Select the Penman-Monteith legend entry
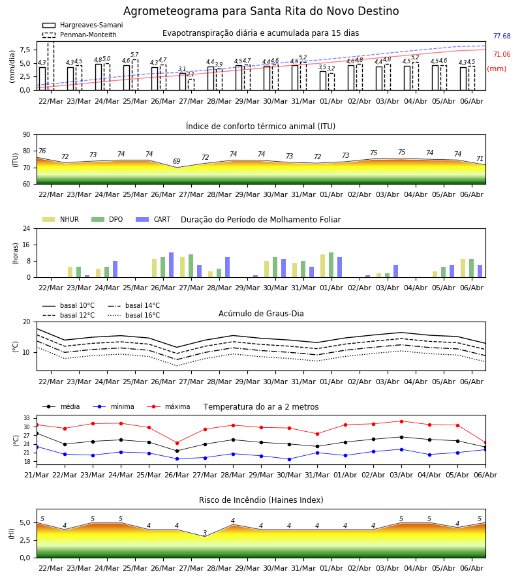coord(80,35)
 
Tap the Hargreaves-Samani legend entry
coord(82,25)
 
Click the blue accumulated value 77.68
coord(502,36)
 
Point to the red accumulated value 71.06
coord(502,54)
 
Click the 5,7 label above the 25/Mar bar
coord(135,55)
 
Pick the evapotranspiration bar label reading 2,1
coord(191,74)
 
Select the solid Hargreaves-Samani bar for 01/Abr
coord(323,80)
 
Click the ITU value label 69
coord(176,161)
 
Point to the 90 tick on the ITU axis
coord(27,135)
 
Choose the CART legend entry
coord(153,219)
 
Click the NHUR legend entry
coord(61,219)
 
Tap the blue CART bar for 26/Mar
coord(171,265)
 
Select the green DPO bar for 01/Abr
coord(331,265)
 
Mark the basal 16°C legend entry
coord(134,315)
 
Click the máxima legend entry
coord(168,406)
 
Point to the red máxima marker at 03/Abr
coord(401,421)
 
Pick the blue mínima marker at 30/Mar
coord(289,459)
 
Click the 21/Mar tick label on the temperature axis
coord(37,475)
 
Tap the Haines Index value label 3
coord(205,533)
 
